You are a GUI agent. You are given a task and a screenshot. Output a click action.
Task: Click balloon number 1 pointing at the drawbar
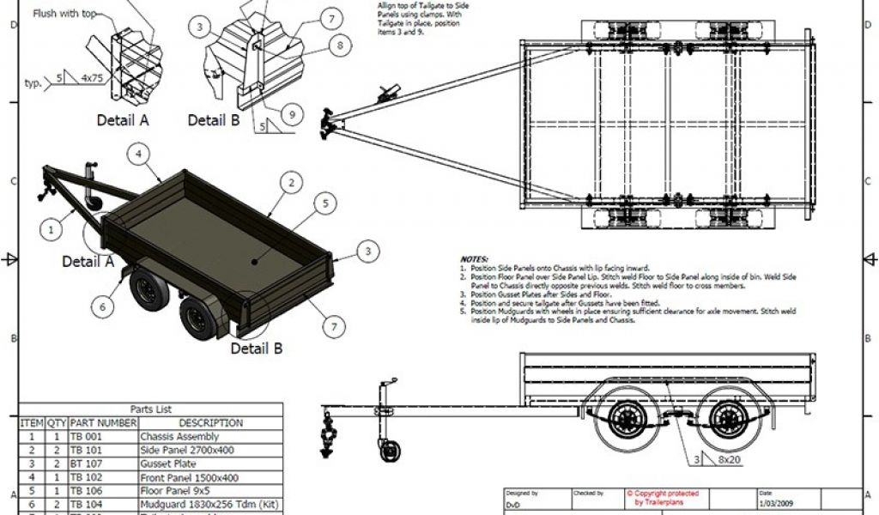pyautogui.click(x=51, y=229)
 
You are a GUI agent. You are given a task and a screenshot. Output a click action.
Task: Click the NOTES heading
pyautogui.click(x=474, y=258)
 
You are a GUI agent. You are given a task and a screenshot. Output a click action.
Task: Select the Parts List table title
pyautogui.click(x=151, y=409)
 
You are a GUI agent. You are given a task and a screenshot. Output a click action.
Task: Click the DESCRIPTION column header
pyautogui.click(x=210, y=423)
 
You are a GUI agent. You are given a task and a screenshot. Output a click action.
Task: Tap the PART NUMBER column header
pyautogui.click(x=102, y=423)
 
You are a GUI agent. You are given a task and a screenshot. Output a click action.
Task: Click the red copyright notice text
pyautogui.click(x=662, y=498)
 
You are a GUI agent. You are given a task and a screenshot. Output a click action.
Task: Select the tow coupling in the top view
pyautogui.click(x=330, y=124)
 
